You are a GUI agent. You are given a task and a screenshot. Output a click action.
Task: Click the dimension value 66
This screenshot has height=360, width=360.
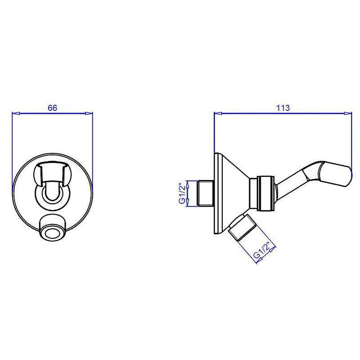(x=52, y=108)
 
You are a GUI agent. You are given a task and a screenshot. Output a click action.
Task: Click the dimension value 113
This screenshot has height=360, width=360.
(x=283, y=108)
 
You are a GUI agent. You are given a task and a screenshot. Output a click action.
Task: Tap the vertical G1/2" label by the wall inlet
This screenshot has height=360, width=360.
(x=182, y=193)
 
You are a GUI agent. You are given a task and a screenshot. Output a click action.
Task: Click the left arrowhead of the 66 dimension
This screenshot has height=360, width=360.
(x=16, y=113)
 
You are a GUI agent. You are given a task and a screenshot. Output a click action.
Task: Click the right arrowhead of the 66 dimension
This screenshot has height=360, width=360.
(x=89, y=113)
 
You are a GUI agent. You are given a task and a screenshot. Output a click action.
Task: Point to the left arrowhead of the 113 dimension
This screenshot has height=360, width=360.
(x=218, y=113)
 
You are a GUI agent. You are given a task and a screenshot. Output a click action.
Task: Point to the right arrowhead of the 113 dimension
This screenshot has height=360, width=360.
(x=347, y=113)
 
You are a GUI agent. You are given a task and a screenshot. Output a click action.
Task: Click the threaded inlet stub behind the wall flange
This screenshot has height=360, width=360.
(x=205, y=193)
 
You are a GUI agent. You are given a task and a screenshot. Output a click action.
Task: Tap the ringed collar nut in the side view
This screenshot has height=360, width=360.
(x=265, y=193)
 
